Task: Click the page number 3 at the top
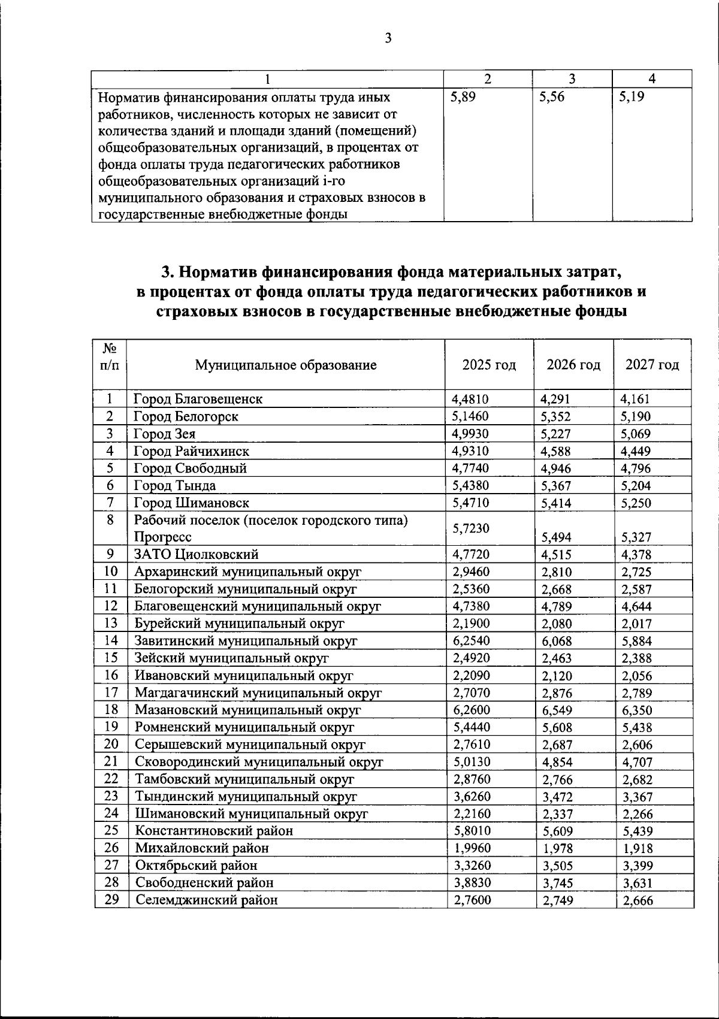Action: (388, 39)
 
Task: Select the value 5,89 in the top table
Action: (463, 97)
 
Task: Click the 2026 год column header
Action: (573, 365)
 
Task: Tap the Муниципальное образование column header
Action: (286, 365)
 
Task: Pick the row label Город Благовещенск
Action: (198, 399)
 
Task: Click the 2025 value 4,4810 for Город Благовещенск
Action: (471, 399)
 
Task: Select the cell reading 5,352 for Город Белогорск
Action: (556, 416)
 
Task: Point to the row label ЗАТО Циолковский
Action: (197, 554)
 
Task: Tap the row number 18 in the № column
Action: (111, 709)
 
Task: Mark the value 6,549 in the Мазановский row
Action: (557, 710)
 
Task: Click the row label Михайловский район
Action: (202, 848)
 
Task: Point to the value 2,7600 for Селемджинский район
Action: (472, 899)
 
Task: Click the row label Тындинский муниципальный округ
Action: (246, 796)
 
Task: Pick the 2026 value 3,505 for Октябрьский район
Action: (557, 866)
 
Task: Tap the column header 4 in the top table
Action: (652, 78)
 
